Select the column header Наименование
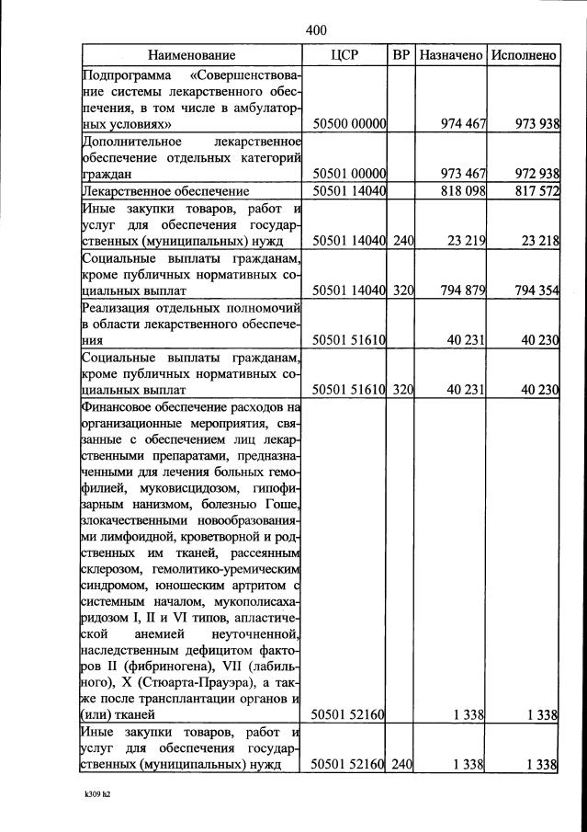192,55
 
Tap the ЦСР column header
344,55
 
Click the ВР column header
401,55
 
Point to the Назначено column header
451,55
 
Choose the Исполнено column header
524,55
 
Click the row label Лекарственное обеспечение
166,190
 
